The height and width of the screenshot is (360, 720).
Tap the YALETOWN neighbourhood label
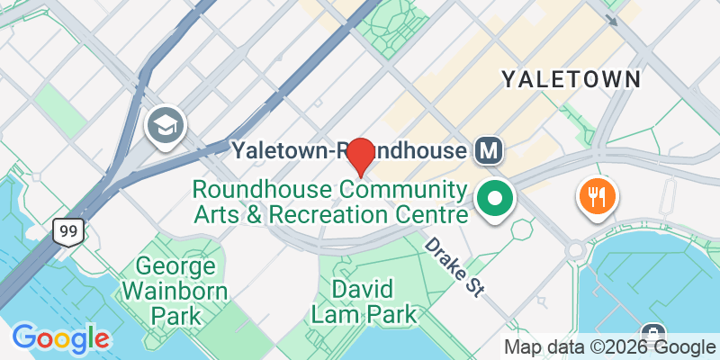pyautogui.click(x=571, y=78)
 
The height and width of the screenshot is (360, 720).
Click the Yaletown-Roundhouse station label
pyautogui.click(x=350, y=151)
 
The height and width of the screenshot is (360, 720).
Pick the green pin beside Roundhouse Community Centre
pyautogui.click(x=494, y=199)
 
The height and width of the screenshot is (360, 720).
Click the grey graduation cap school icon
pyautogui.click(x=166, y=124)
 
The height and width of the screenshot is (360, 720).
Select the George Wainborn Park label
pyautogui.click(x=176, y=291)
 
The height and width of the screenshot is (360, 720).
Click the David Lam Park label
pyautogui.click(x=364, y=301)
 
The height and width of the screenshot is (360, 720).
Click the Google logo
pyautogui.click(x=60, y=337)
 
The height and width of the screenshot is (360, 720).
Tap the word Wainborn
pyautogui.click(x=176, y=291)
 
